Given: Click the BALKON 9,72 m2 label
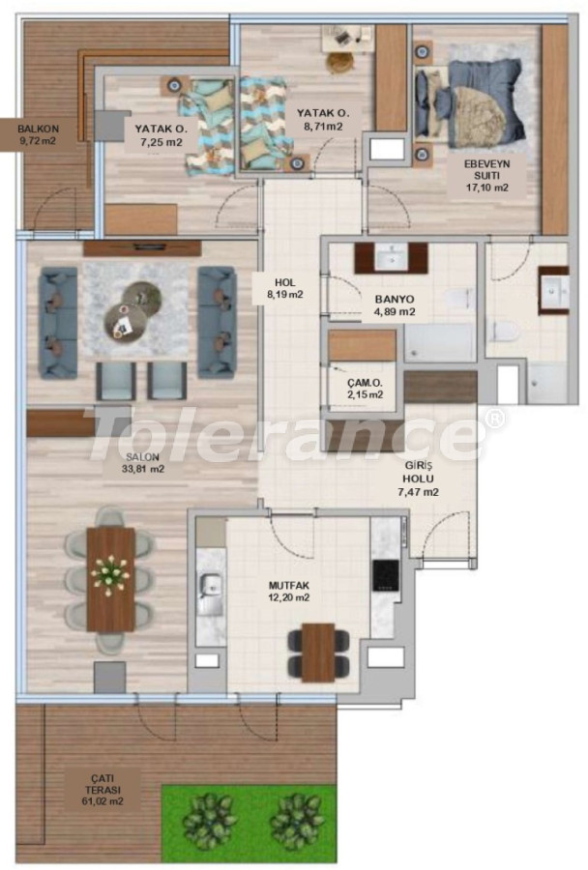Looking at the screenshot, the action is [x=38, y=134].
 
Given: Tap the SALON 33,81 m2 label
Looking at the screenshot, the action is [x=143, y=463].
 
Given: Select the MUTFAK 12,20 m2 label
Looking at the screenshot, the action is [x=289, y=592].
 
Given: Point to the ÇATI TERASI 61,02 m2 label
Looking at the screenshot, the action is [x=103, y=790].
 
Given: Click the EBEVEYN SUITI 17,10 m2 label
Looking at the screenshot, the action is [x=487, y=175].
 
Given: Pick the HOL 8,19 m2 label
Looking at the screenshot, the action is [x=285, y=288].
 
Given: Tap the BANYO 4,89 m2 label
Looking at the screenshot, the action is [x=395, y=305].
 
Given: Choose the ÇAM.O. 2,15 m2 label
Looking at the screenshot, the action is [x=365, y=389].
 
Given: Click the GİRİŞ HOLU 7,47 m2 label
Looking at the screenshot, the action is [x=419, y=478].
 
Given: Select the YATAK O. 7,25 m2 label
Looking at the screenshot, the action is [x=161, y=135].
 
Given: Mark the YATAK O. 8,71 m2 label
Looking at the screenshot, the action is [x=323, y=119].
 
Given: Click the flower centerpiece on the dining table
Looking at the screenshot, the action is [x=110, y=575].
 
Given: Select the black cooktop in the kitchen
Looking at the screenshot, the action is [x=385, y=574].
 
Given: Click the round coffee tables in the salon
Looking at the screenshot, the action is [x=133, y=309].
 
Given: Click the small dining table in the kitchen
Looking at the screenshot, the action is [x=318, y=652].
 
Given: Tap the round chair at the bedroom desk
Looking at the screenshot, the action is [x=339, y=63].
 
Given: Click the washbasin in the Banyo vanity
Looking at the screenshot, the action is [x=392, y=257].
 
